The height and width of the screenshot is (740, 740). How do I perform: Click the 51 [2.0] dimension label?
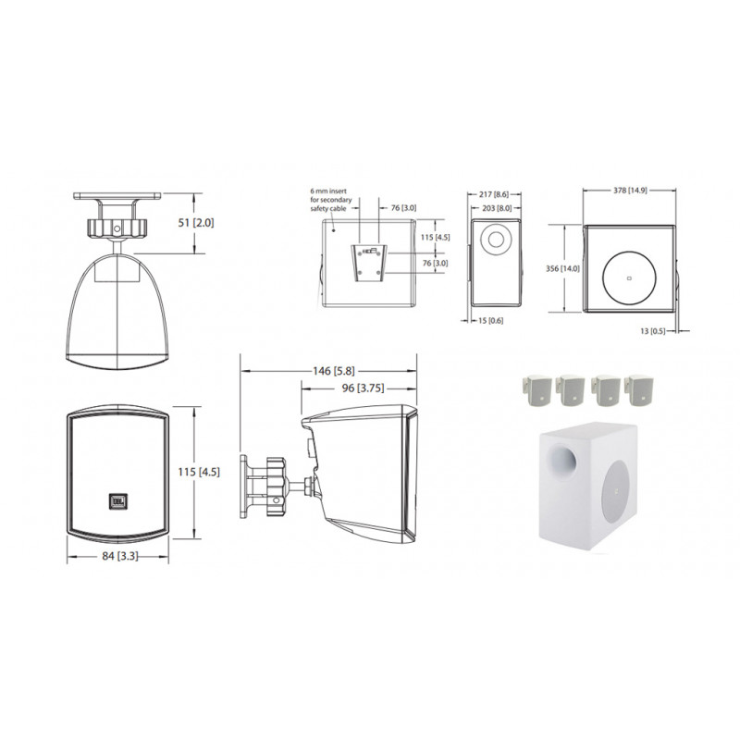coord(196,222)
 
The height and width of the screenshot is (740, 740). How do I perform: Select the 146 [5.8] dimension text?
coord(334,371)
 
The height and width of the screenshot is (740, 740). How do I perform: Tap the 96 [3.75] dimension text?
coord(363,388)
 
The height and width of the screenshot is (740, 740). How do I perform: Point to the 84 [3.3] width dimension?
coord(120,556)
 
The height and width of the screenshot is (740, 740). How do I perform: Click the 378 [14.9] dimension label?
coord(630,191)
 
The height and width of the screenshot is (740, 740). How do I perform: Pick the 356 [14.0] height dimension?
coord(562,268)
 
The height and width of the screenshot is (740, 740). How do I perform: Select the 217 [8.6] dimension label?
coord(494,194)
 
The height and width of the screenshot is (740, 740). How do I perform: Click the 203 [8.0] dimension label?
coord(497,208)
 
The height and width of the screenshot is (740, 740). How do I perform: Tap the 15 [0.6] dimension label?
coord(491,320)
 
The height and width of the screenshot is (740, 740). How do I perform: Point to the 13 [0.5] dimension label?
coord(653,331)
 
